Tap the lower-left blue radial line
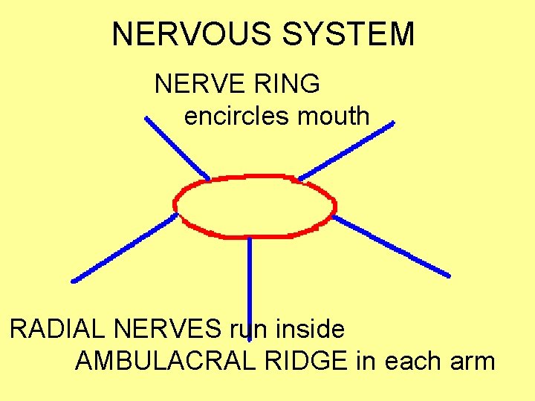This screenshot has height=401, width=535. [x=124, y=247]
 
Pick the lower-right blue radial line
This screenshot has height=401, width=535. [x=392, y=247]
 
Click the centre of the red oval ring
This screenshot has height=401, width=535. [x=255, y=206]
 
